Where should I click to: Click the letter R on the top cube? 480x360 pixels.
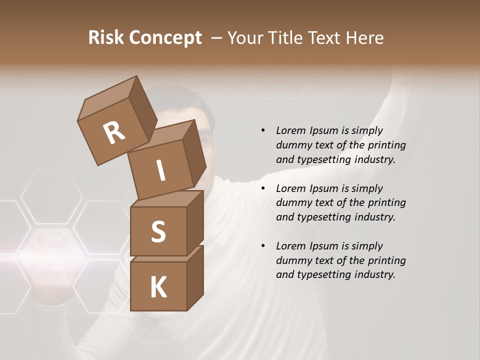tap(114, 132)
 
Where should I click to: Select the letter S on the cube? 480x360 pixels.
tap(158, 231)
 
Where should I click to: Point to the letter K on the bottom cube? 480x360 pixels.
tap(158, 287)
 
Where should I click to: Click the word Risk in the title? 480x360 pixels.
tap(106, 38)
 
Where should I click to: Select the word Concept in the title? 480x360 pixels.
tap(165, 38)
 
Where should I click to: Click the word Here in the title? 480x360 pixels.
tap(365, 38)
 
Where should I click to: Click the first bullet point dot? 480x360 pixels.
tap(263, 130)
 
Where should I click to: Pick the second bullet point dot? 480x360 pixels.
tap(263, 188)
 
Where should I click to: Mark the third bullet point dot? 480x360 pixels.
tap(263, 246)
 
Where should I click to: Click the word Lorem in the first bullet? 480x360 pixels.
tap(290, 130)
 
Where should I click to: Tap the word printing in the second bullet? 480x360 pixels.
tap(386, 202)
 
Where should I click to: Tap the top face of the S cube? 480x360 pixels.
tap(167, 198)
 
